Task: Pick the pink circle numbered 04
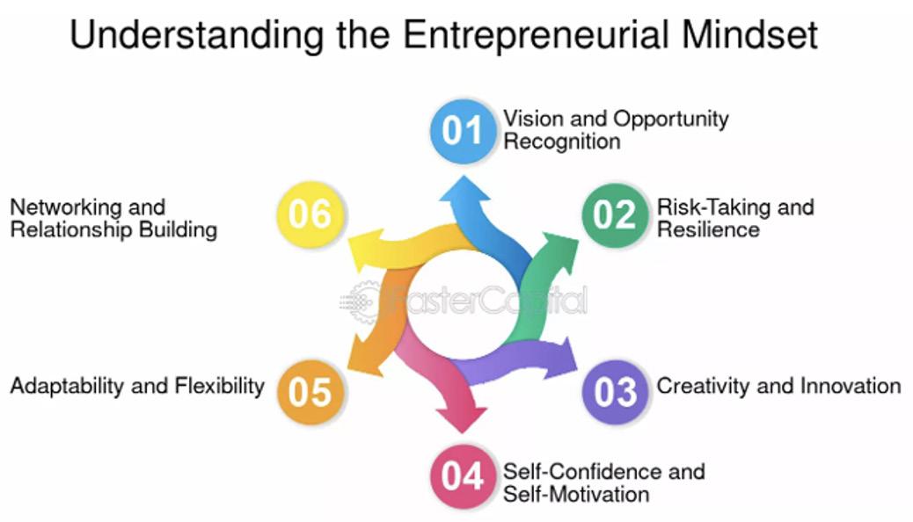pyautogui.click(x=463, y=476)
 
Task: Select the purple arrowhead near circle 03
pyautogui.click(x=560, y=355)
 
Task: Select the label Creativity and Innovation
pyautogui.click(x=778, y=386)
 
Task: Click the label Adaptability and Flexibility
pyautogui.click(x=137, y=386)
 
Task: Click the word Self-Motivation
pyautogui.click(x=576, y=494)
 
